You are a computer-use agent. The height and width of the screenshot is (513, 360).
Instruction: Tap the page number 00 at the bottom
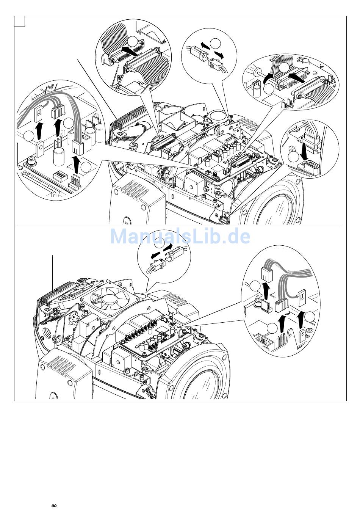click(54, 506)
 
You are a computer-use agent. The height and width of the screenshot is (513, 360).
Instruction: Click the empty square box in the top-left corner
click(19, 22)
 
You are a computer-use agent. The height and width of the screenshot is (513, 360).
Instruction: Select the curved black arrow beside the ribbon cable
click(268, 79)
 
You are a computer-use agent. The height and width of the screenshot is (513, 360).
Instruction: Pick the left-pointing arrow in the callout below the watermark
click(158, 255)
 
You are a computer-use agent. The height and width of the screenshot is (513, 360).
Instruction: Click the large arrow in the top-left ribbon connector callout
click(130, 50)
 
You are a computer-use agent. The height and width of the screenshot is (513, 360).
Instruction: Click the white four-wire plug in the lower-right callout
click(267, 274)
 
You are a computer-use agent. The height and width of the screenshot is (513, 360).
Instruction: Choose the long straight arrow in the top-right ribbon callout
click(296, 77)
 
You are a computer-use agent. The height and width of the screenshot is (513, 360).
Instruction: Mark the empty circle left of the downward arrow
click(293, 157)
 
